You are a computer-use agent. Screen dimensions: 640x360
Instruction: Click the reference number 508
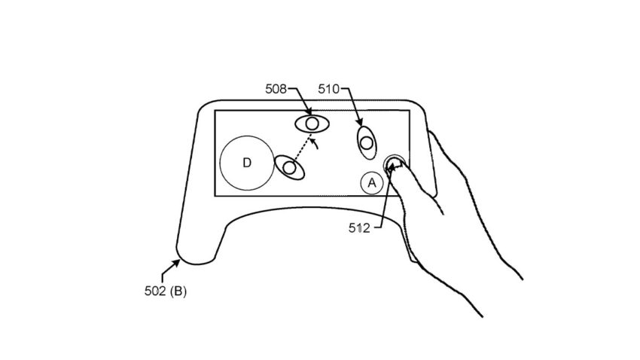[276, 89]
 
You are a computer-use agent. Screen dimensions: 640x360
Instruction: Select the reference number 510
[329, 89]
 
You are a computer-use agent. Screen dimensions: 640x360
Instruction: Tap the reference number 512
[359, 227]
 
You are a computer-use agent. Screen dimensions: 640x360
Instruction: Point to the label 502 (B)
[166, 291]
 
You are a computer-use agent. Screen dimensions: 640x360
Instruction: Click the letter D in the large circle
[246, 163]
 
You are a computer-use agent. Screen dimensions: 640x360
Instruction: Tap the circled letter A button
[372, 183]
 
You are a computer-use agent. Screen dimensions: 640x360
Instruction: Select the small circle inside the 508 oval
[312, 124]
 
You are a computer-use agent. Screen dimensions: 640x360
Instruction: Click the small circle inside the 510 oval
[367, 143]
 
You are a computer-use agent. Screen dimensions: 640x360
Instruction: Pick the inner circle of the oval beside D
[289, 168]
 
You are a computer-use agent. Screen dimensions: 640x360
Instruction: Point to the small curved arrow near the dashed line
[314, 144]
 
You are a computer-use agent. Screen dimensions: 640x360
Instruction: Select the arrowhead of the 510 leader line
[359, 122]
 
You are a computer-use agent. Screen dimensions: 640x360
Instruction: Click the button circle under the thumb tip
[394, 164]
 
